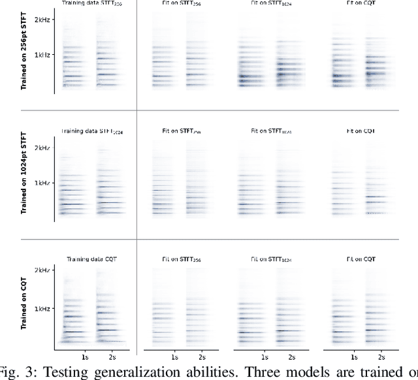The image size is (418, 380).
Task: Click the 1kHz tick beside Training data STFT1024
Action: point(44,183)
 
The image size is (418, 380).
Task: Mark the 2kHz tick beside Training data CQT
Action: point(44,270)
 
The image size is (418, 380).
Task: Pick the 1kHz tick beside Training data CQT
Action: point(44,308)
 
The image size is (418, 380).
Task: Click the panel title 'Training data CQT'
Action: point(91,259)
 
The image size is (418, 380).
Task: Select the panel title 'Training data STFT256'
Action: point(92,4)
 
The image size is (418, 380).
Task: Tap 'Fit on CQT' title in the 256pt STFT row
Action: point(361,3)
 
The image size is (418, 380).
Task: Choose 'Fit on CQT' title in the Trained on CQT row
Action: point(361,259)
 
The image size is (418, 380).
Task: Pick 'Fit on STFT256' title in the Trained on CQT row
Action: point(180,259)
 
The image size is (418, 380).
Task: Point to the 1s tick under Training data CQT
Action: point(85,358)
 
